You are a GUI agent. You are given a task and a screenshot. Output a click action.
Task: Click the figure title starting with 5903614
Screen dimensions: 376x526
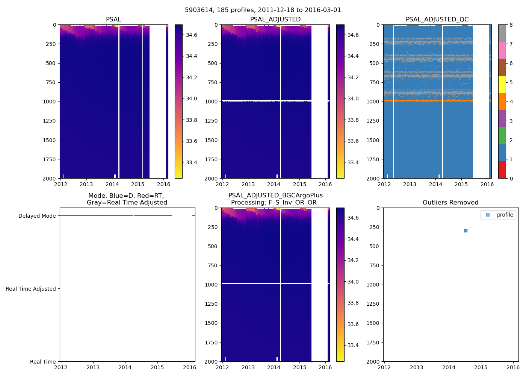[x=263, y=10]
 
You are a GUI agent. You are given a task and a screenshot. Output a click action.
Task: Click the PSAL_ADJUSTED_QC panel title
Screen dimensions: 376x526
[x=437, y=20]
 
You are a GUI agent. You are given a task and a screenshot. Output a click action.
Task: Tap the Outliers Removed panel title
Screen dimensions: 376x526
[x=450, y=203]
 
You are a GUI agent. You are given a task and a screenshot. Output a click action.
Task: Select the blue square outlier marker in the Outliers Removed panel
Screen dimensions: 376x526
[x=466, y=230]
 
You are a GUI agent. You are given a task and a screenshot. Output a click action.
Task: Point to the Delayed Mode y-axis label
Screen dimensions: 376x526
[x=37, y=216]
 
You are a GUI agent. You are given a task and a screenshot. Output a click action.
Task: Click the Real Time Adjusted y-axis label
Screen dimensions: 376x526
[x=31, y=289]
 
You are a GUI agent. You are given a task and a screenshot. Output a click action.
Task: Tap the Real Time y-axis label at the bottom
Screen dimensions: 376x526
[x=43, y=362]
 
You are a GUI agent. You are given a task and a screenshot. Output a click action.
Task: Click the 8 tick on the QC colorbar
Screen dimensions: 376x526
[x=511, y=25]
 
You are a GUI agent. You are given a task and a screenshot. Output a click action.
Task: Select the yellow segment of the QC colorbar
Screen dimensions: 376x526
[x=502, y=85]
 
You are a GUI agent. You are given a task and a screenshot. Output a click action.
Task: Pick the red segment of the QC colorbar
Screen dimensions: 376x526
[x=502, y=170]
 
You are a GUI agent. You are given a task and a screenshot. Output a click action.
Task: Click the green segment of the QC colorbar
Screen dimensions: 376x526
[x=502, y=136]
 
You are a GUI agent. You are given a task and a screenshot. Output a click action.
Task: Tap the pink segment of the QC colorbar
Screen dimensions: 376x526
[x=502, y=50]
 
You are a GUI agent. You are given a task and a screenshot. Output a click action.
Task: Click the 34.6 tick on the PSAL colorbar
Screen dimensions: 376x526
[x=192, y=35]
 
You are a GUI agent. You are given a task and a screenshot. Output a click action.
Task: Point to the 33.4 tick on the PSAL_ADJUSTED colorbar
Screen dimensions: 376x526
[x=353, y=162]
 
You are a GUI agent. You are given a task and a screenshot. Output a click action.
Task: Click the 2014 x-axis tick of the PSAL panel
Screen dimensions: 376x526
[x=112, y=184]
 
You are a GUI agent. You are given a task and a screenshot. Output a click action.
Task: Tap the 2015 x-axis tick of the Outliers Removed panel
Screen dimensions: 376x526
[x=481, y=367]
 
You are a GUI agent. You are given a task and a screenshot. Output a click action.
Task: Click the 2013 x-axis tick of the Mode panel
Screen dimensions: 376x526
[x=93, y=367]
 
